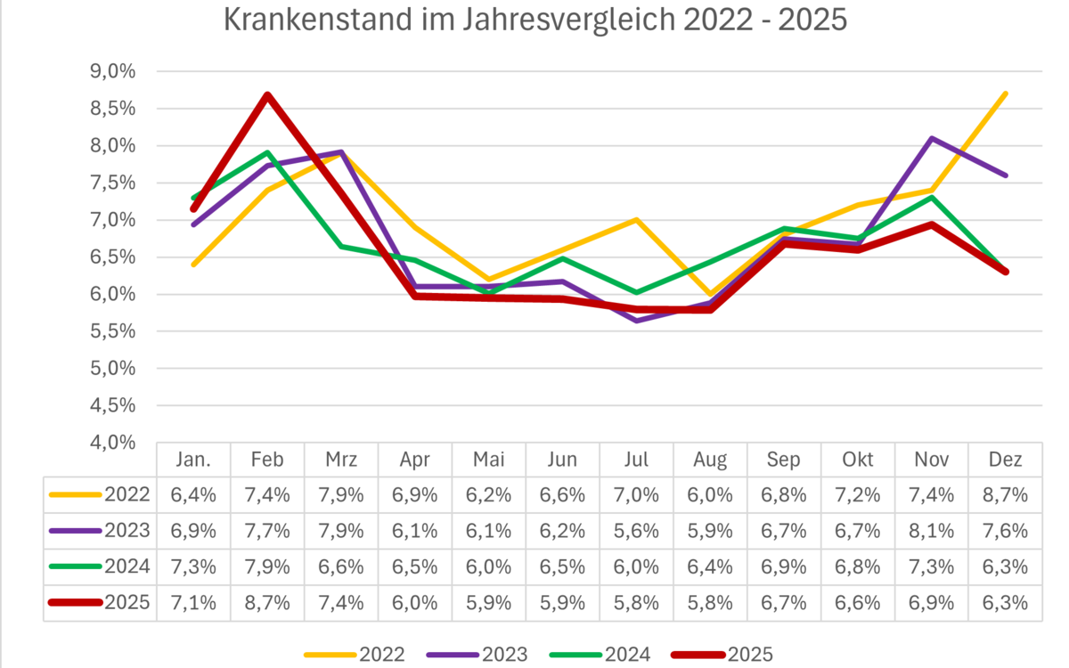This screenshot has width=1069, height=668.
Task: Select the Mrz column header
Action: pos(341,460)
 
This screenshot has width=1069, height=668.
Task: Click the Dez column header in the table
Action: pos(1005,460)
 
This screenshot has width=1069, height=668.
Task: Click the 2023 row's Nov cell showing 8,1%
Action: pos(931,531)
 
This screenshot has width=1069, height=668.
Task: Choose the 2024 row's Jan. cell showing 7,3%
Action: pos(193,566)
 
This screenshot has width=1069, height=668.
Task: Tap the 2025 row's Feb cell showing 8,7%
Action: pos(267,602)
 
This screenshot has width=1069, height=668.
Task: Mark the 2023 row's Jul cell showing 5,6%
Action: pos(636,531)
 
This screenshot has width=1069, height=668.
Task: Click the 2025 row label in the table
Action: pos(126,602)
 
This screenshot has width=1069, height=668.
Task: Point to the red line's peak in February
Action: pos(267,94)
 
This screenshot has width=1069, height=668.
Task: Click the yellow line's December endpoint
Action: pos(1005,94)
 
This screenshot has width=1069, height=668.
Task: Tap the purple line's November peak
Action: pos(931,138)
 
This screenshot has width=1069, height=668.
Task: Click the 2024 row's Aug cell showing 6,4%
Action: pos(710,566)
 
